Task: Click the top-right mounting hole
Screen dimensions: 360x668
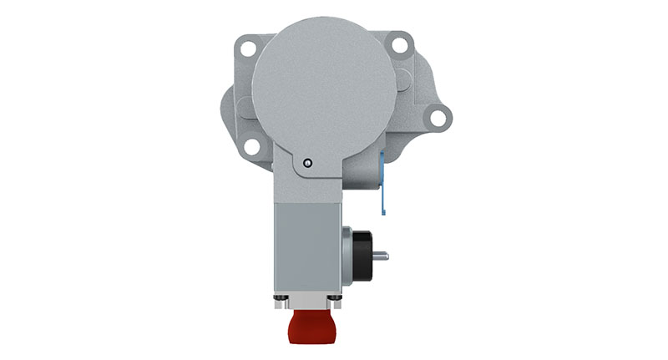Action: [x=399, y=46]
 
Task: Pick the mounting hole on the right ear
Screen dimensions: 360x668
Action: [x=437, y=118]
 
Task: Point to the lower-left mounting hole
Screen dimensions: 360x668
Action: [x=250, y=149]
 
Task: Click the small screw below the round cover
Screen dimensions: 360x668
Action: [x=308, y=164]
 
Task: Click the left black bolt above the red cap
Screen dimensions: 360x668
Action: [x=281, y=298]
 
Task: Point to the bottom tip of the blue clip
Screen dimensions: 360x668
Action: [x=383, y=211]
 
